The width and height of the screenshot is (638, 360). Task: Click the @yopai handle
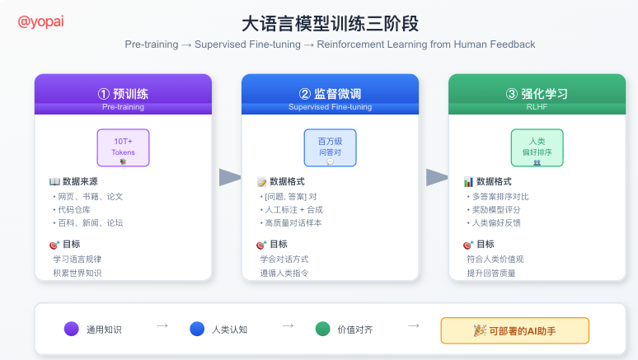42,22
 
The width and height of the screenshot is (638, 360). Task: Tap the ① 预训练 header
123,94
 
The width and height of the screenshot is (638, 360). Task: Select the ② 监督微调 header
330,94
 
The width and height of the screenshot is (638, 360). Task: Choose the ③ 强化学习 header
537,94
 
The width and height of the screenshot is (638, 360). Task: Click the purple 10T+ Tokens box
123,147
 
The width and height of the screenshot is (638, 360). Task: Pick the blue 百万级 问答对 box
330,147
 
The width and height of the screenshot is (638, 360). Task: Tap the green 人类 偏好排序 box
537,147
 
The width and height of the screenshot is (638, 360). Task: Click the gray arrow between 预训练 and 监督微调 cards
230,177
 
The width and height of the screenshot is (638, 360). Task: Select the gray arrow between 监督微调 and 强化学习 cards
437,177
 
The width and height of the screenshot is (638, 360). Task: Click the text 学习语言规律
77,259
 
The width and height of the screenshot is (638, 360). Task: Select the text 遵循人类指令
284,273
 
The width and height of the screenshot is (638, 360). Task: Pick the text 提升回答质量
491,273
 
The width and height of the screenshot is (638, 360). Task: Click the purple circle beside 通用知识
72,330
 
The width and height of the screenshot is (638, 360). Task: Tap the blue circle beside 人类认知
197,330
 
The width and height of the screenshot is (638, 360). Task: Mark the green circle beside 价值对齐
322,330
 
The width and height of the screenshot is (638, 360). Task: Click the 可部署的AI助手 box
515,330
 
